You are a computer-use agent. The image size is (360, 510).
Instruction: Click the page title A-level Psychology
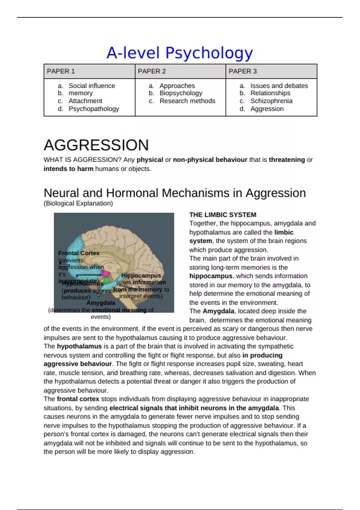tap(179, 53)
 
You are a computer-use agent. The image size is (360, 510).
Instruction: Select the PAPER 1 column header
tap(61, 71)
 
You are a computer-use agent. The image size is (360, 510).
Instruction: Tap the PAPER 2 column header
tap(152, 71)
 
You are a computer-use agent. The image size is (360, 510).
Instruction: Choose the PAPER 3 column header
tap(243, 71)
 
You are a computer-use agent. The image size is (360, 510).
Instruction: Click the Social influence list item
tap(91, 86)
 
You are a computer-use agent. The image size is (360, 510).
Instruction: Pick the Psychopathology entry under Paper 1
tap(94, 109)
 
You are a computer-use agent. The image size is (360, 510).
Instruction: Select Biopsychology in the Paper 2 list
tap(181, 93)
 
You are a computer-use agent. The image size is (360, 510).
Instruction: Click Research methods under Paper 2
tap(187, 101)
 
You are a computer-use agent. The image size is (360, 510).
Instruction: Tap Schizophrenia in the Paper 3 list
tap(271, 101)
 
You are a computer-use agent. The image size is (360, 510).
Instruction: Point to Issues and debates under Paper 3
tap(279, 86)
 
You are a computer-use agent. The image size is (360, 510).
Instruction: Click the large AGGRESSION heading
tap(96, 145)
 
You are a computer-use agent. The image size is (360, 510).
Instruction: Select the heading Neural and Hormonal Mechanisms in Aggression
tap(175, 193)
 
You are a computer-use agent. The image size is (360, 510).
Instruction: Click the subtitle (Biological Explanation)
tap(78, 203)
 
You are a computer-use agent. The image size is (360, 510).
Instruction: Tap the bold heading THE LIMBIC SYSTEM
tap(223, 215)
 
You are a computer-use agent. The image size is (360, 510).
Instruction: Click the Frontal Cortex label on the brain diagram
tap(79, 253)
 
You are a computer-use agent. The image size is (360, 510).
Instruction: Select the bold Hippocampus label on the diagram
tap(141, 275)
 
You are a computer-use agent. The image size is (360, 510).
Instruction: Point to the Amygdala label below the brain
tap(101, 303)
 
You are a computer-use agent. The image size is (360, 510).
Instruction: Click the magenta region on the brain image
tap(106, 273)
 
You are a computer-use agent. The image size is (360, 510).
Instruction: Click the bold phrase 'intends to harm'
tap(68, 169)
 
